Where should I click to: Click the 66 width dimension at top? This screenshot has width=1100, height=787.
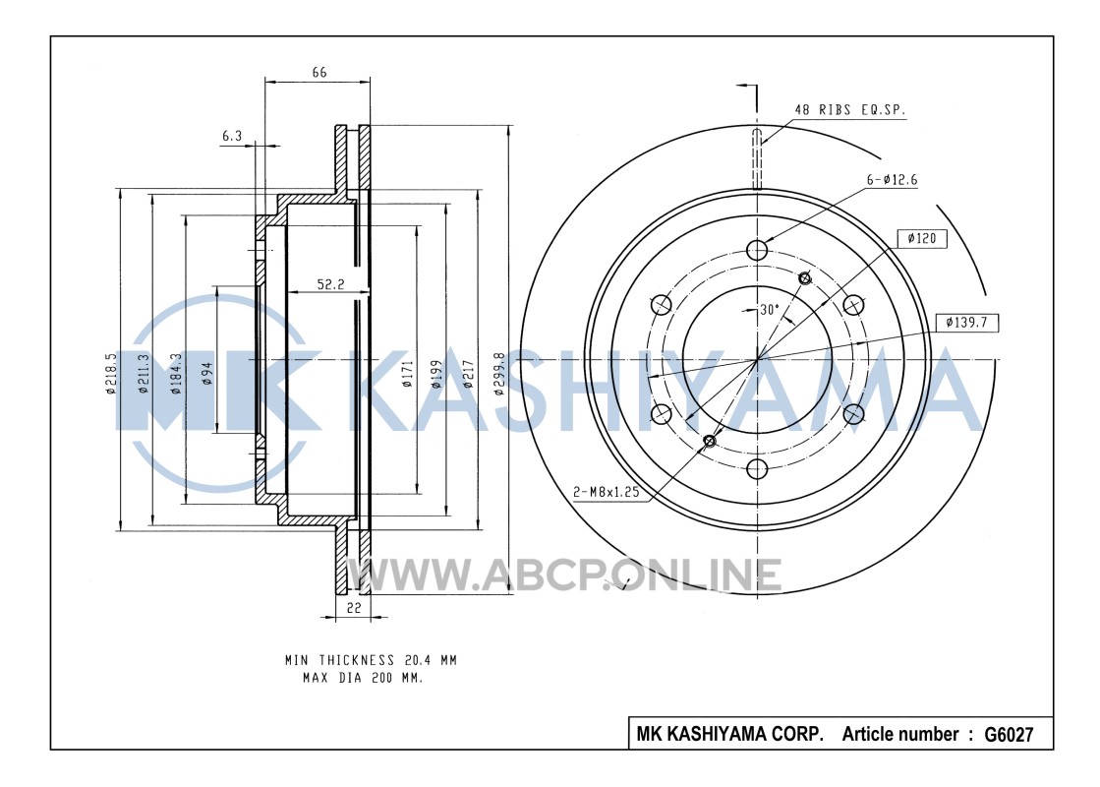click(319, 73)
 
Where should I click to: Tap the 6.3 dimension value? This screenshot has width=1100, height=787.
click(232, 136)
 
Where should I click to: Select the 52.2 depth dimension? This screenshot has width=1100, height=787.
click(330, 284)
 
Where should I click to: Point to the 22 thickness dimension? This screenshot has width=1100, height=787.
click(354, 608)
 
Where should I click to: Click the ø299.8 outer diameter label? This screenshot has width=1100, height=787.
click(499, 374)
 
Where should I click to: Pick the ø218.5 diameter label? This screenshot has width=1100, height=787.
click(111, 374)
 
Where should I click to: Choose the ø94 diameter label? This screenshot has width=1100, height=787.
click(207, 374)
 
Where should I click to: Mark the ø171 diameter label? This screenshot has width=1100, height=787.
click(408, 374)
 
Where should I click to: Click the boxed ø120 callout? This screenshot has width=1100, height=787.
click(922, 239)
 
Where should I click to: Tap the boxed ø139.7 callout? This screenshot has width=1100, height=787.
click(966, 323)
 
